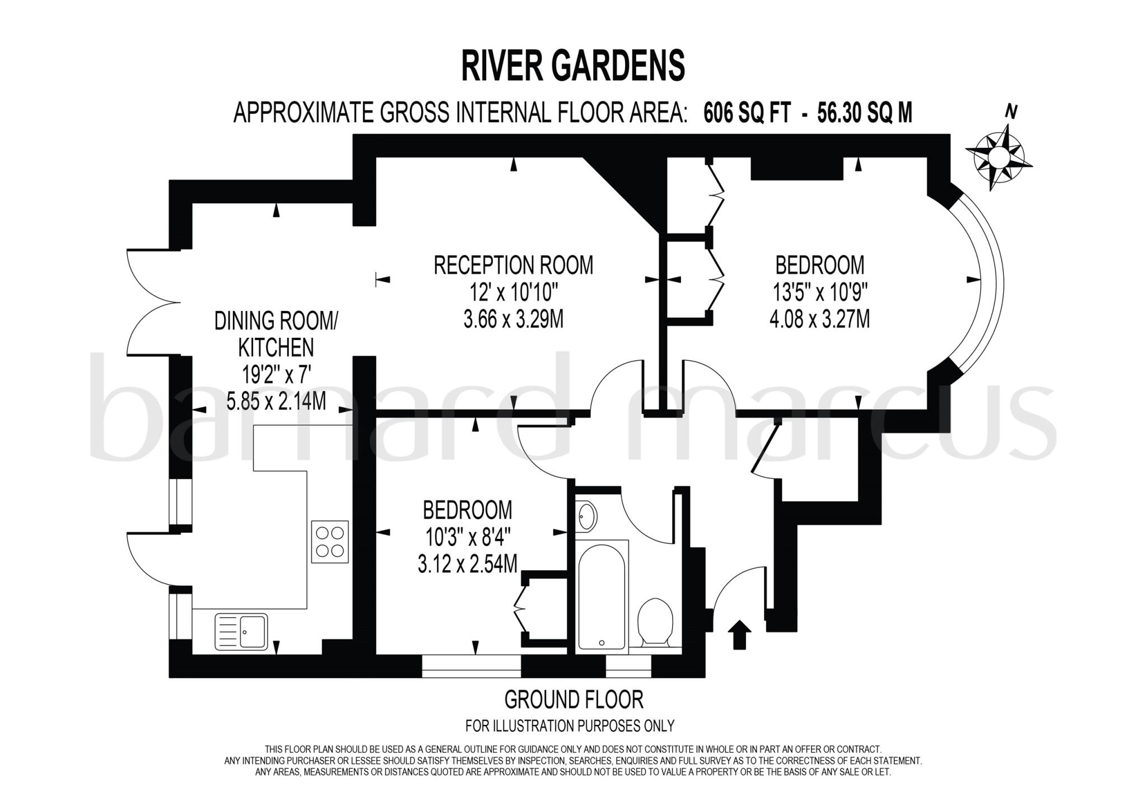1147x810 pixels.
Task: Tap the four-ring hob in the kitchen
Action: [x=330, y=542]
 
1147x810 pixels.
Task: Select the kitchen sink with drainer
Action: [x=241, y=631]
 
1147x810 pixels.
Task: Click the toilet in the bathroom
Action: [x=655, y=622]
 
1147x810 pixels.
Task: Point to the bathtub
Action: [x=602, y=597]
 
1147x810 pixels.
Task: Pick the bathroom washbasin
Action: [x=587, y=515]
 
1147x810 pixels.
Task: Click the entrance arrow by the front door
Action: [x=739, y=634]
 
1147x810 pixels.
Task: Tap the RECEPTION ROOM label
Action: [x=513, y=265]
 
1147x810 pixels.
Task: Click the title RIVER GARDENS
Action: [x=573, y=66]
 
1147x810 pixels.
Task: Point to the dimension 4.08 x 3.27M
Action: [x=819, y=319]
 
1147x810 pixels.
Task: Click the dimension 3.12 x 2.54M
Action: [x=467, y=564]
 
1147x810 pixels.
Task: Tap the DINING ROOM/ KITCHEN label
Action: [x=276, y=334]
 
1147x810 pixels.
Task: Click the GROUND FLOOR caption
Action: [x=573, y=700]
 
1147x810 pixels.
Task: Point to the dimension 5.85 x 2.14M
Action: [x=276, y=401]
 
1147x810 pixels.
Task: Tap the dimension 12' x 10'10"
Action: [x=513, y=292]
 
